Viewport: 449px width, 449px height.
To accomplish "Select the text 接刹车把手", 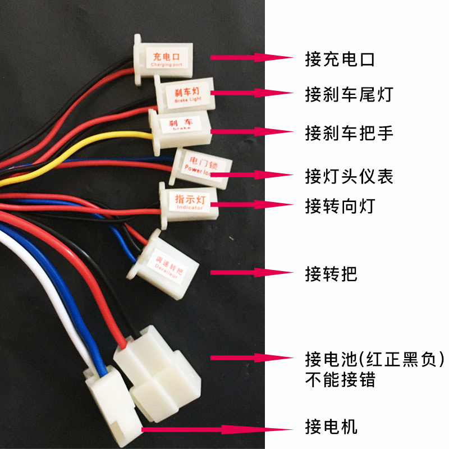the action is coord(349,133).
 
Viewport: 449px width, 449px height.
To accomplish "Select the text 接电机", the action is coord(331,427).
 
